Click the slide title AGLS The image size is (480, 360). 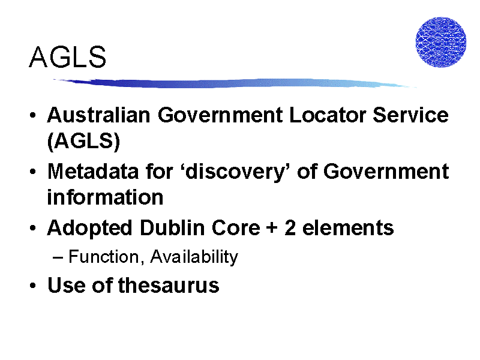click(68, 57)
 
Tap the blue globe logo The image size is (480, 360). click(441, 42)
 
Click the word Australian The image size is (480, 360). click(98, 115)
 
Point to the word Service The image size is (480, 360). click(411, 115)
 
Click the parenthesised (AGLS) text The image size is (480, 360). click(83, 141)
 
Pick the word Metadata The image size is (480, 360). click(93, 172)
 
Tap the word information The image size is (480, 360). click(106, 197)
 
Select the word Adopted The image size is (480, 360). click(89, 229)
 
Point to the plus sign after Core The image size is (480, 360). click(272, 229)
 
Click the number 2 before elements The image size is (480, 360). click(290, 228)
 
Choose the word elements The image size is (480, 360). click(348, 229)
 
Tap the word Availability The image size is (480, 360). click(194, 257)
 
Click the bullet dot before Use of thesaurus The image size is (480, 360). click(33, 286)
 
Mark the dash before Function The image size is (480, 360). click(58, 258)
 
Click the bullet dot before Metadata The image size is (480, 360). click(33, 172)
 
